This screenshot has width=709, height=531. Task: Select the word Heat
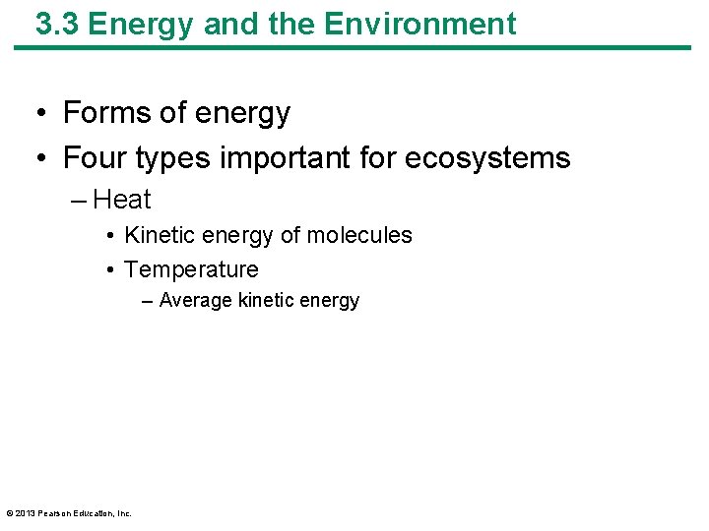click(122, 200)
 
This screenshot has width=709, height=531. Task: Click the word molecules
click(359, 236)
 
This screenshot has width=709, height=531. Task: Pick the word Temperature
click(191, 269)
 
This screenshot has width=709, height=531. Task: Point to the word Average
click(195, 301)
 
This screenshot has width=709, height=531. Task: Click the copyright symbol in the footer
click(10, 512)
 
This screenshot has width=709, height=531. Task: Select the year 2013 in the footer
click(26, 512)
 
